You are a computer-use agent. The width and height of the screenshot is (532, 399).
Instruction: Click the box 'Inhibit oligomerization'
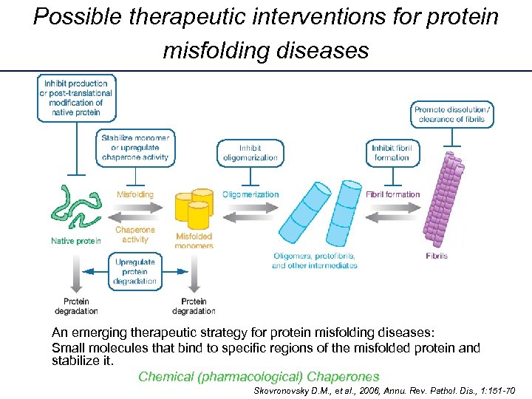click(249, 152)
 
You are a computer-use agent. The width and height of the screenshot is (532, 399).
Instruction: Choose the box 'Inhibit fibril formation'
click(392, 152)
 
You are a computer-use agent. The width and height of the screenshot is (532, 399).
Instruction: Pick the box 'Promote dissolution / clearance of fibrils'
click(454, 115)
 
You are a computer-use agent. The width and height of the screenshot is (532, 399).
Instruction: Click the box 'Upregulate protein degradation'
click(134, 272)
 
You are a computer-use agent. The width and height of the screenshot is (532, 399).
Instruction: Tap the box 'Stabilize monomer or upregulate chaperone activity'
click(135, 147)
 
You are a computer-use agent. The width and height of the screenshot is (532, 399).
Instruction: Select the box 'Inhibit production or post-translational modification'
click(78, 98)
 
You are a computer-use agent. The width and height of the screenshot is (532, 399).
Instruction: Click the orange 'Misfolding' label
click(135, 194)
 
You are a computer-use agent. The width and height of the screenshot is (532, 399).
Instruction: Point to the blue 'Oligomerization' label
click(250, 194)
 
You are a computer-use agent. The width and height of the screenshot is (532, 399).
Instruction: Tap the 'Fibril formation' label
click(392, 194)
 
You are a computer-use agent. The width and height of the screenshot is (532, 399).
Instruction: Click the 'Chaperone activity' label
click(135, 234)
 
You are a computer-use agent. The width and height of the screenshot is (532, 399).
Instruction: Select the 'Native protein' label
click(76, 241)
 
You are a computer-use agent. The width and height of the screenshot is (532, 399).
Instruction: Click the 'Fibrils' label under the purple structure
click(437, 256)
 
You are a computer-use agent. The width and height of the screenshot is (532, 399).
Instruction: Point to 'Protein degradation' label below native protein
click(76, 306)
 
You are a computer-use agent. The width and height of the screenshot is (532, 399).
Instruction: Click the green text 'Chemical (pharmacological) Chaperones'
click(259, 376)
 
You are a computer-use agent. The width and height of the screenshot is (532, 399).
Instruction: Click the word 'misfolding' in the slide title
click(208, 50)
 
